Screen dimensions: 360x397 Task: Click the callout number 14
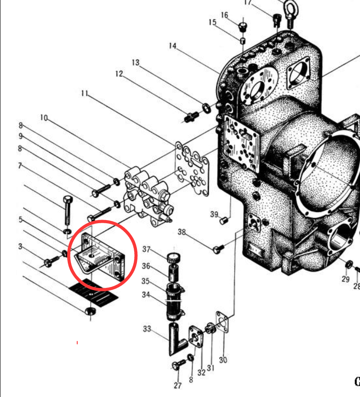pos(172,46)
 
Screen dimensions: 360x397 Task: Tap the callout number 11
pos(84,93)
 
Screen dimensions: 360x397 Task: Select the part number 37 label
pos(146,249)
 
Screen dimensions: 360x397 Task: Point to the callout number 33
pos(147,329)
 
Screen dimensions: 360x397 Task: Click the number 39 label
pos(214,214)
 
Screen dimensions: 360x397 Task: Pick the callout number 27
pos(178,385)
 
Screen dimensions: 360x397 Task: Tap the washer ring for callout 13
pos(206,108)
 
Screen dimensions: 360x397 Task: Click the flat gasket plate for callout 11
pos(192,168)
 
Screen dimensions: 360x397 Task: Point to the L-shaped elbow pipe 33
pos(177,339)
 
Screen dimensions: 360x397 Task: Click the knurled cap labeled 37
pos(174,258)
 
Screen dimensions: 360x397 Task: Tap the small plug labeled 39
pos(224,221)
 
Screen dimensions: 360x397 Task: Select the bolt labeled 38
pos(218,249)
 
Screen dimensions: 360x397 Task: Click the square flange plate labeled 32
pos(196,337)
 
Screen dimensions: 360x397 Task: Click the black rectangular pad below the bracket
pos(94,293)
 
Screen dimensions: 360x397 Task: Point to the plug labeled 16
pos(242,26)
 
